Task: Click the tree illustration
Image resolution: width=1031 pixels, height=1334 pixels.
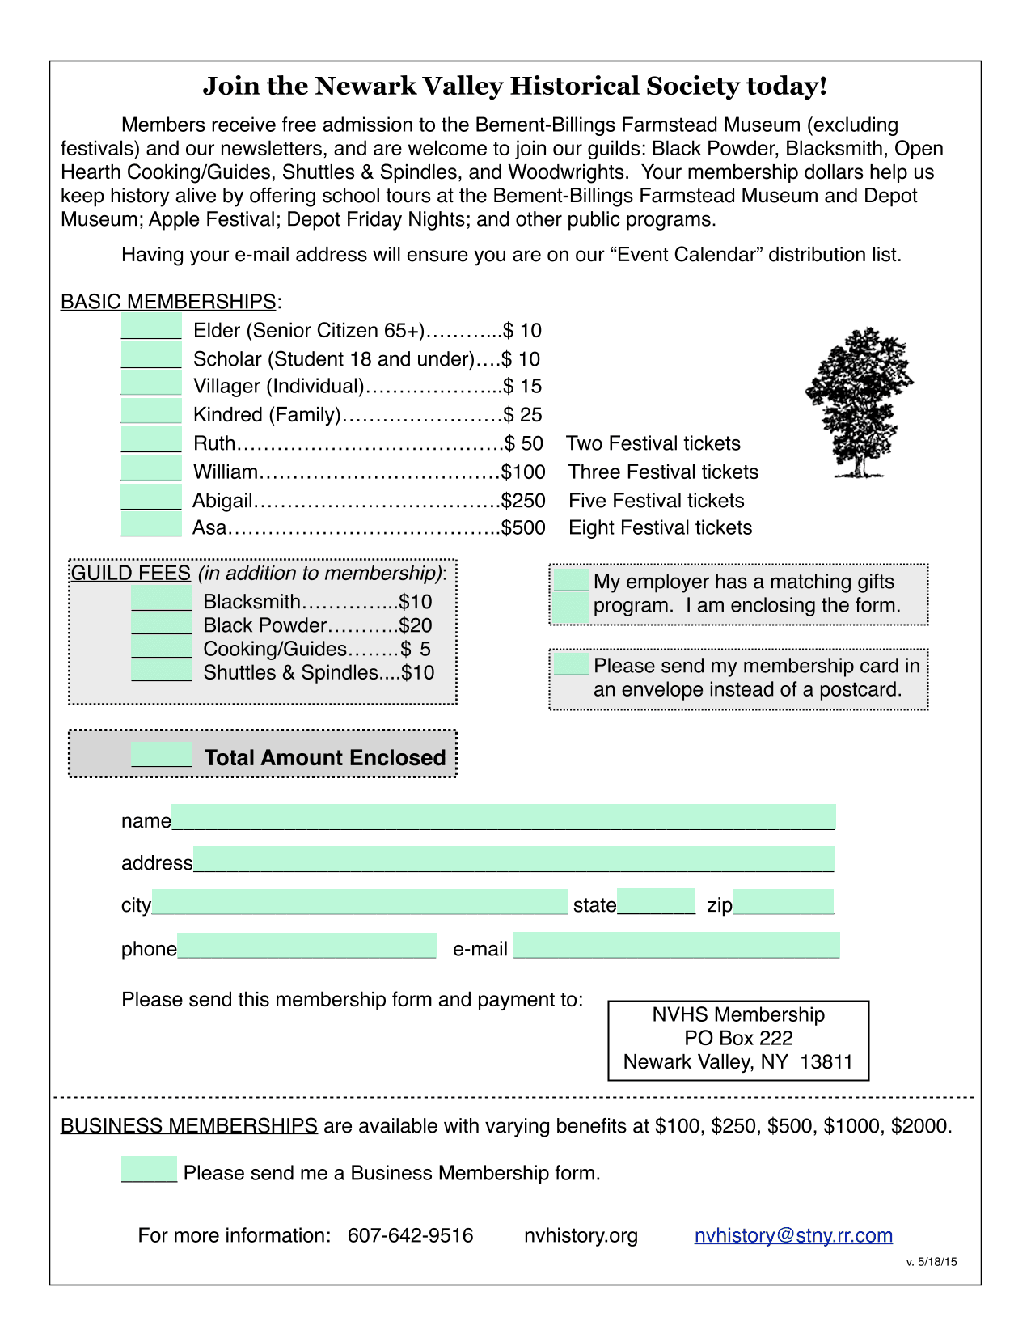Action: tap(859, 402)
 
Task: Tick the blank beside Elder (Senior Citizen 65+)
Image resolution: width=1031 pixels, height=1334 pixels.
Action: tap(151, 328)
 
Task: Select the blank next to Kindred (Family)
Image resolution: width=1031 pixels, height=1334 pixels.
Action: tap(151, 412)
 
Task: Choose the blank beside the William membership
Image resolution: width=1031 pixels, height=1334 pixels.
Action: tap(151, 469)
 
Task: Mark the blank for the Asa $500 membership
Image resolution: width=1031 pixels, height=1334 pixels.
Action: tap(151, 525)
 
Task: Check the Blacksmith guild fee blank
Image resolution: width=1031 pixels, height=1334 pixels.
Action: tap(162, 599)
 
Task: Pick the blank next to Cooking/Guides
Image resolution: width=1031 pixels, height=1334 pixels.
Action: tap(162, 647)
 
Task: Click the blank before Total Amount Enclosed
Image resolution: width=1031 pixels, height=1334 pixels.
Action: tap(162, 755)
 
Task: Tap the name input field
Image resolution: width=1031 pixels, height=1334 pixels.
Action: tap(503, 817)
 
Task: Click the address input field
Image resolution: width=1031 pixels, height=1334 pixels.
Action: tap(513, 859)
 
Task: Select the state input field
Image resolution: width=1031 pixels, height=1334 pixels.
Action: tap(656, 901)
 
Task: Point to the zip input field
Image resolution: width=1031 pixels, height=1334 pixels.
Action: tap(783, 902)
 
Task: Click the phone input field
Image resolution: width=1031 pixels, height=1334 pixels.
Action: tap(306, 946)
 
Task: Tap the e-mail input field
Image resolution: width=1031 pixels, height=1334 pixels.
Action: tap(677, 945)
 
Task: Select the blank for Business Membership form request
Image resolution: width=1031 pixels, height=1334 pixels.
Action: tap(150, 1170)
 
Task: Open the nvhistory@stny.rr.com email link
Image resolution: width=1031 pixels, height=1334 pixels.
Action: tap(793, 1235)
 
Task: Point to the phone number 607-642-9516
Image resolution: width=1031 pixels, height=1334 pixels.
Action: tap(411, 1235)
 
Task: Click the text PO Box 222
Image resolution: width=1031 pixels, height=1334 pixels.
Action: tap(738, 1038)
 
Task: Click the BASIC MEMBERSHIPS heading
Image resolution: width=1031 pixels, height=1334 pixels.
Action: tap(168, 302)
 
